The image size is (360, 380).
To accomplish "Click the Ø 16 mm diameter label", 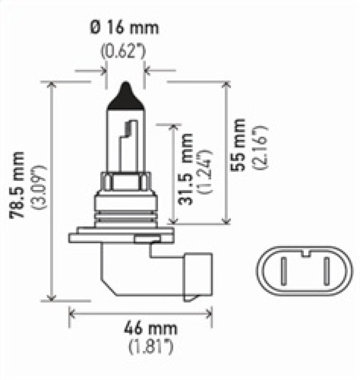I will click(x=125, y=28).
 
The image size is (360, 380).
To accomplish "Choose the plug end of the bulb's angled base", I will click(x=197, y=277).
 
